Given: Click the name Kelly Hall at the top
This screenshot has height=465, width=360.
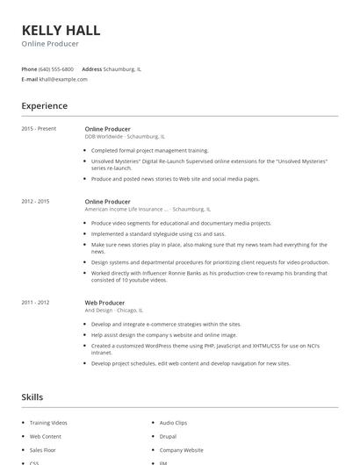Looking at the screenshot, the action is click(x=61, y=29).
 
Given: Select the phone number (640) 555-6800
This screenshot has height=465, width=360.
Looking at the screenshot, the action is click(x=57, y=68).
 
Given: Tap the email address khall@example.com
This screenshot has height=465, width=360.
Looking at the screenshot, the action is click(x=63, y=79).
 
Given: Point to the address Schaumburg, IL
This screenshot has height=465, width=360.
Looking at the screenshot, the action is click(x=122, y=68).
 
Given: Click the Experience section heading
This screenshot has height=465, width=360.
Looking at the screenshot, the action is click(x=45, y=106).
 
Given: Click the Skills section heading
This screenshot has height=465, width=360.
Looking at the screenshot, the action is click(x=32, y=397).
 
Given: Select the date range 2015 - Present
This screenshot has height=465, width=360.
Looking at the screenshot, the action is click(x=39, y=129).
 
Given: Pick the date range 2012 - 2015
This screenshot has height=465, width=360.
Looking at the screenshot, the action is click(x=35, y=202).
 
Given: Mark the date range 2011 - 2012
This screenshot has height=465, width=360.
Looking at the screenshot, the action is click(x=35, y=302).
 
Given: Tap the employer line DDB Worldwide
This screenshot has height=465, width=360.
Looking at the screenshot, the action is click(x=124, y=137).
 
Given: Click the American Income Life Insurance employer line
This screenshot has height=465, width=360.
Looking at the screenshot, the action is click(x=147, y=210).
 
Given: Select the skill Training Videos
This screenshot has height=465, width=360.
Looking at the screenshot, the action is click(x=48, y=423).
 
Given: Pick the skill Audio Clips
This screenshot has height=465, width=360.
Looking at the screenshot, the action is click(x=173, y=423).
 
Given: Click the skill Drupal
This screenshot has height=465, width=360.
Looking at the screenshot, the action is click(x=168, y=436).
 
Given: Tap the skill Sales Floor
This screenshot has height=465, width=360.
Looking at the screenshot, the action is click(x=43, y=449).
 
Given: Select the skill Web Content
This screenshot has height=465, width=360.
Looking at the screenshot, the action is click(x=46, y=436).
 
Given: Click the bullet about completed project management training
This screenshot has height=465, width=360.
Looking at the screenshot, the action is click(x=149, y=150).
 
